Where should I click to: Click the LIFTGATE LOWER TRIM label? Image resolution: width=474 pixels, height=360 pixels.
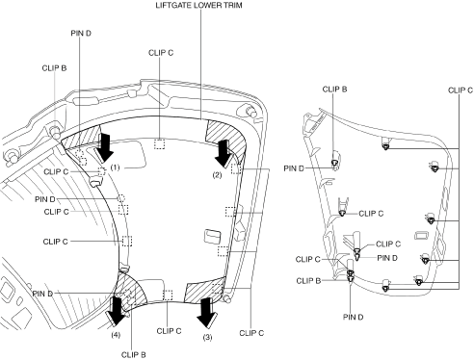click(x=198, y=5)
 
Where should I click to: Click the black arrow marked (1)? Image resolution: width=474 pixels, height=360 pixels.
click(x=106, y=148)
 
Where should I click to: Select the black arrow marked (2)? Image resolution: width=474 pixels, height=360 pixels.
click(x=224, y=152)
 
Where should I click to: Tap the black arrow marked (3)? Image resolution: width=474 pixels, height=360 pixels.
click(x=205, y=313)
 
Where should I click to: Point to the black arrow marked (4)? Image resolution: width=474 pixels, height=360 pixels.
click(x=116, y=311)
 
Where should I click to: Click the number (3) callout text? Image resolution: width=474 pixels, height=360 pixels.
click(x=207, y=337)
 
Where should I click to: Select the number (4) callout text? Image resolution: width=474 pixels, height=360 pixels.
click(x=116, y=335)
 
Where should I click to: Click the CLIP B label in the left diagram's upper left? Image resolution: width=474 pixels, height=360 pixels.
click(x=54, y=68)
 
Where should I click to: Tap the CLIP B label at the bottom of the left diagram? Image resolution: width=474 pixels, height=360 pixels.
click(x=134, y=355)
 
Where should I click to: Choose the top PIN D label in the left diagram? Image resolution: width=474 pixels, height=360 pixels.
click(x=81, y=33)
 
